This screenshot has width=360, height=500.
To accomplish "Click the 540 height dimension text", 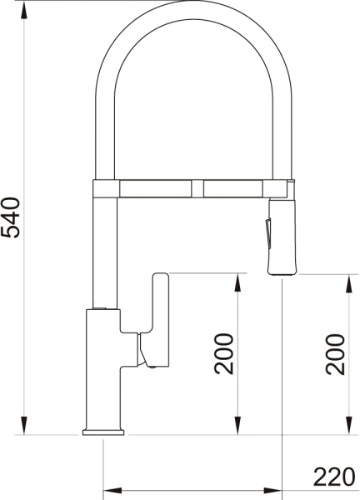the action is [x=11, y=217].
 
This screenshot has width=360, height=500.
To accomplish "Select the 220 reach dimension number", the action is [x=334, y=477].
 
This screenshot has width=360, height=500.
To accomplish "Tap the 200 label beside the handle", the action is [x=223, y=353].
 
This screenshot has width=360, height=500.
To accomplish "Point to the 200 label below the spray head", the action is [x=335, y=354].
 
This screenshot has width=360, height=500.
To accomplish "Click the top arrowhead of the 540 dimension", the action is [x=24, y=12].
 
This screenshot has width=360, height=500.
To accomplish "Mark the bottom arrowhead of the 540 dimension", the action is [x=24, y=426].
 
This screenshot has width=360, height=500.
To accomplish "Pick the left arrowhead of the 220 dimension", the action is [x=113, y=491].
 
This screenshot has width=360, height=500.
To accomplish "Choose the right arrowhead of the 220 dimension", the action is [x=272, y=491].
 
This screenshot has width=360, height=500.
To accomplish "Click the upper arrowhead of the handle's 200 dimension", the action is [x=237, y=283].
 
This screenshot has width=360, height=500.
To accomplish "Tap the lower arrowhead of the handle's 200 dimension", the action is [x=237, y=426].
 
